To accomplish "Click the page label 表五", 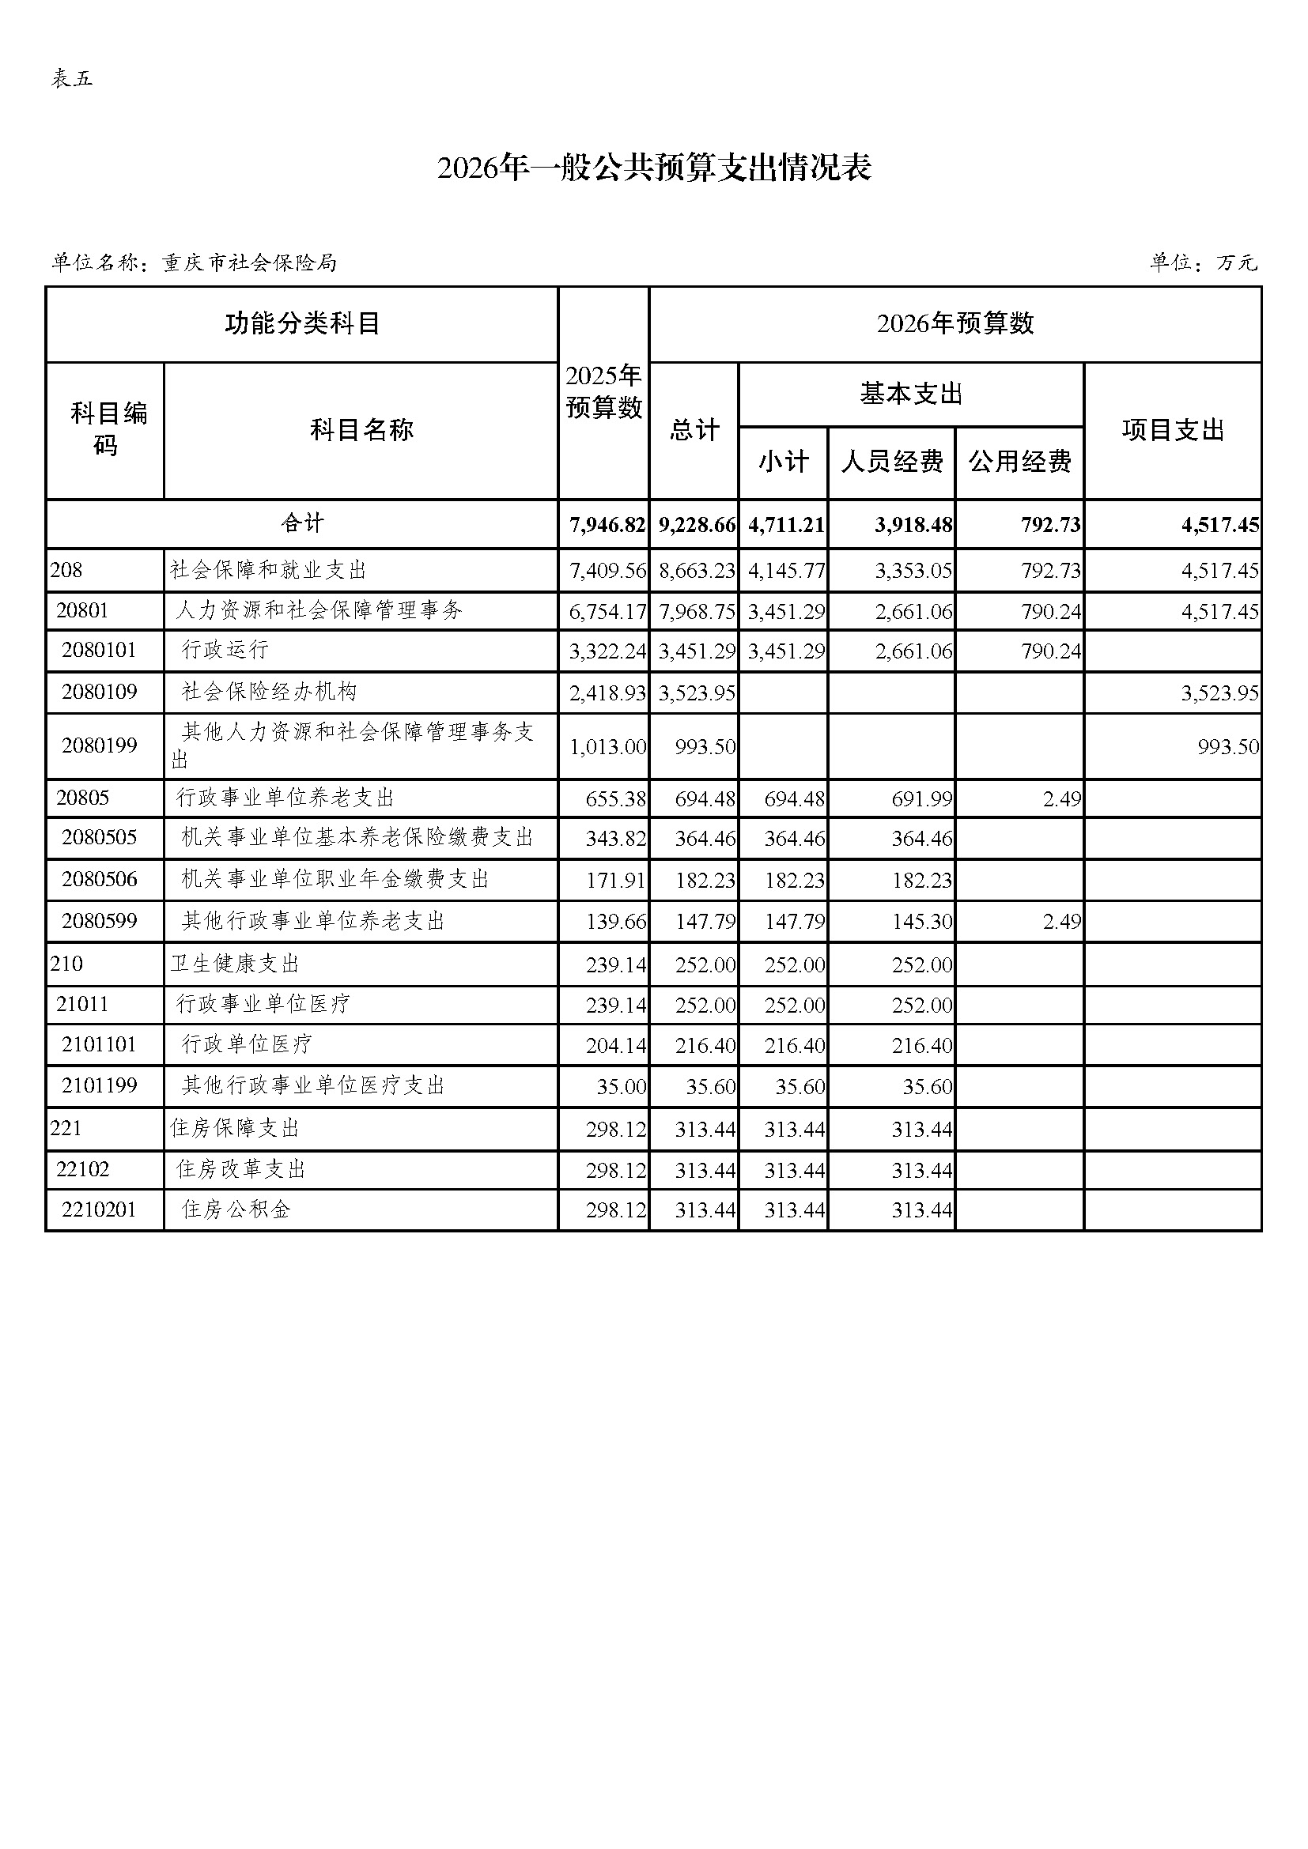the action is tap(73, 78).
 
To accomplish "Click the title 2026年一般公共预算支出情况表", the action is tap(654, 168).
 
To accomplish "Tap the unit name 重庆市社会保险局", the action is tap(250, 263).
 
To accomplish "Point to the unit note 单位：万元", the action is tap(1203, 263).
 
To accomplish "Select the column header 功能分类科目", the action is tap(302, 324).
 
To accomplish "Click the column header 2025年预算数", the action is tap(603, 392).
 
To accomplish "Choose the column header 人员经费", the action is tap(891, 462).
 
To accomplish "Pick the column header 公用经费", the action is tap(1019, 462).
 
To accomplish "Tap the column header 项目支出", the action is tap(1173, 430).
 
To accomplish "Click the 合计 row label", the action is tap(302, 523).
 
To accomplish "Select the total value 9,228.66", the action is tap(697, 525).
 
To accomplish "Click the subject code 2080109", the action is tap(99, 692).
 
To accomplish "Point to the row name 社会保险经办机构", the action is tap(269, 692).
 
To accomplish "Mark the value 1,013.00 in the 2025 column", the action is tap(607, 747).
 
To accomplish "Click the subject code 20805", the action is tap(82, 798).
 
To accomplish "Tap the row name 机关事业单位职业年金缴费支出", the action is tap(335, 879).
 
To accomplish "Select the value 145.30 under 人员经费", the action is tap(921, 922).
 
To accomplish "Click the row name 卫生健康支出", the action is tap(234, 964).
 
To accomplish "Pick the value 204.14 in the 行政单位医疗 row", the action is tap(615, 1046).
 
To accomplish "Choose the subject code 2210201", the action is tap(99, 1209).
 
